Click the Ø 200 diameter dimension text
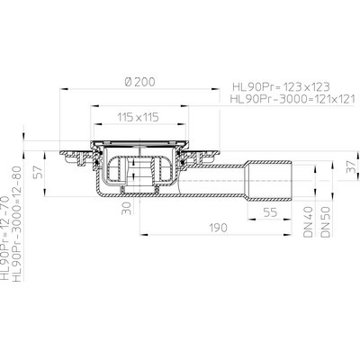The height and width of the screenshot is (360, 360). point(140,82)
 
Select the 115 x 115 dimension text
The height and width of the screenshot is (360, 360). point(138,117)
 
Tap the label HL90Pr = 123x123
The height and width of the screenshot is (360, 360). point(281,87)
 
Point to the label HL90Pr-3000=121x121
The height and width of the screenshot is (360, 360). point(292,99)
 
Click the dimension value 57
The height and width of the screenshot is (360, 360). point(39,172)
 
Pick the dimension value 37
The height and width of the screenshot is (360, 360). point(351,166)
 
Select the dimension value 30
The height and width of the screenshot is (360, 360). point(128,208)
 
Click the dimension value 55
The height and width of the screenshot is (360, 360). point(270,212)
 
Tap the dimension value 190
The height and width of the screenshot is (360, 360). point(218,228)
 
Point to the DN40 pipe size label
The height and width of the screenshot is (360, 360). point(309,222)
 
